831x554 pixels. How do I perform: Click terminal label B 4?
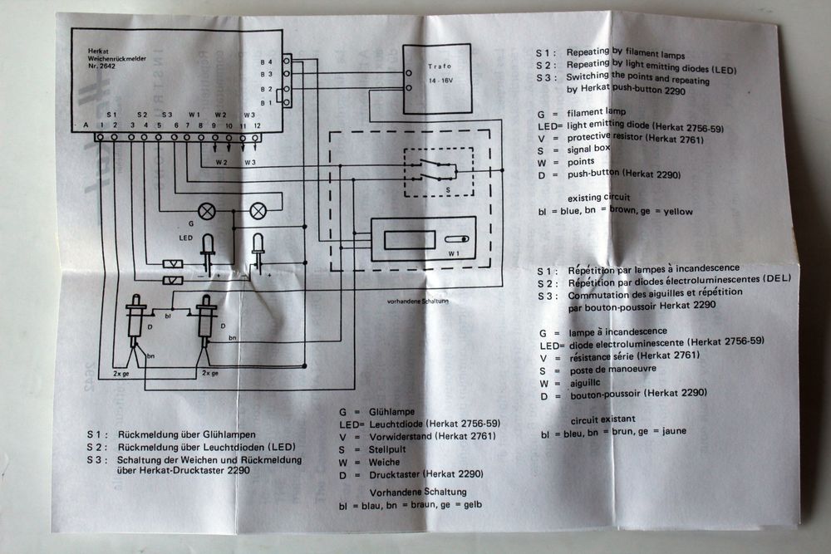266,62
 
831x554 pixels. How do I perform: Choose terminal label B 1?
266,102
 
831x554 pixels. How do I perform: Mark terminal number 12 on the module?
258,125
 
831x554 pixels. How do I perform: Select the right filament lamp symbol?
258,211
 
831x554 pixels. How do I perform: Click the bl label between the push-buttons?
168,316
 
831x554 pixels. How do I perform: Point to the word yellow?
677,212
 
